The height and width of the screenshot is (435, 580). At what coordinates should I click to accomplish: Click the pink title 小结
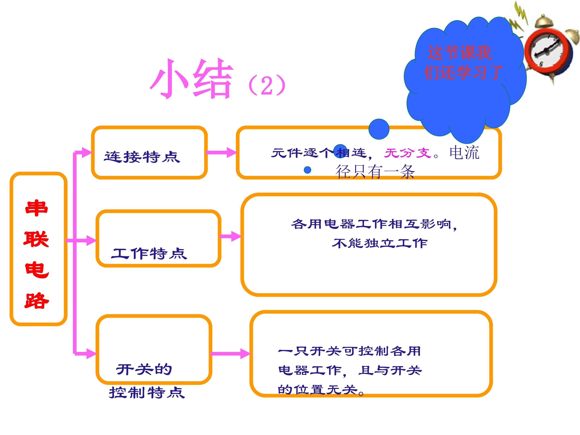191,79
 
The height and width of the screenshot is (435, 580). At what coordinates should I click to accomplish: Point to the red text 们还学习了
463,72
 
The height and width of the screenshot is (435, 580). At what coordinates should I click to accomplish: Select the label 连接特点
142,157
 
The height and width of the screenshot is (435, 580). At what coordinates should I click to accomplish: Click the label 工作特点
149,253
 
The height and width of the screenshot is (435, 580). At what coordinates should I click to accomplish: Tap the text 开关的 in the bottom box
144,370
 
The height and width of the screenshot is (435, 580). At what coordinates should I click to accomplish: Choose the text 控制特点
147,393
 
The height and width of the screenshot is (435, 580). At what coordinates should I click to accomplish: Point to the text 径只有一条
375,172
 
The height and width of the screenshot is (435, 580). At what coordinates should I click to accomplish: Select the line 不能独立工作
380,243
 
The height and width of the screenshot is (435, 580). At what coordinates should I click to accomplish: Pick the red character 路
37,300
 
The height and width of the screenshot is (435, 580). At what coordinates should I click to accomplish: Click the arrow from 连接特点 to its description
221,152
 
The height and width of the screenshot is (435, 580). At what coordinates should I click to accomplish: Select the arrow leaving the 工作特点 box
230,236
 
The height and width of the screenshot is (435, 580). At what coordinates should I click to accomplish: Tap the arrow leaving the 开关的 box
230,353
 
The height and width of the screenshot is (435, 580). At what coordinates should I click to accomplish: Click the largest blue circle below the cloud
379,129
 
